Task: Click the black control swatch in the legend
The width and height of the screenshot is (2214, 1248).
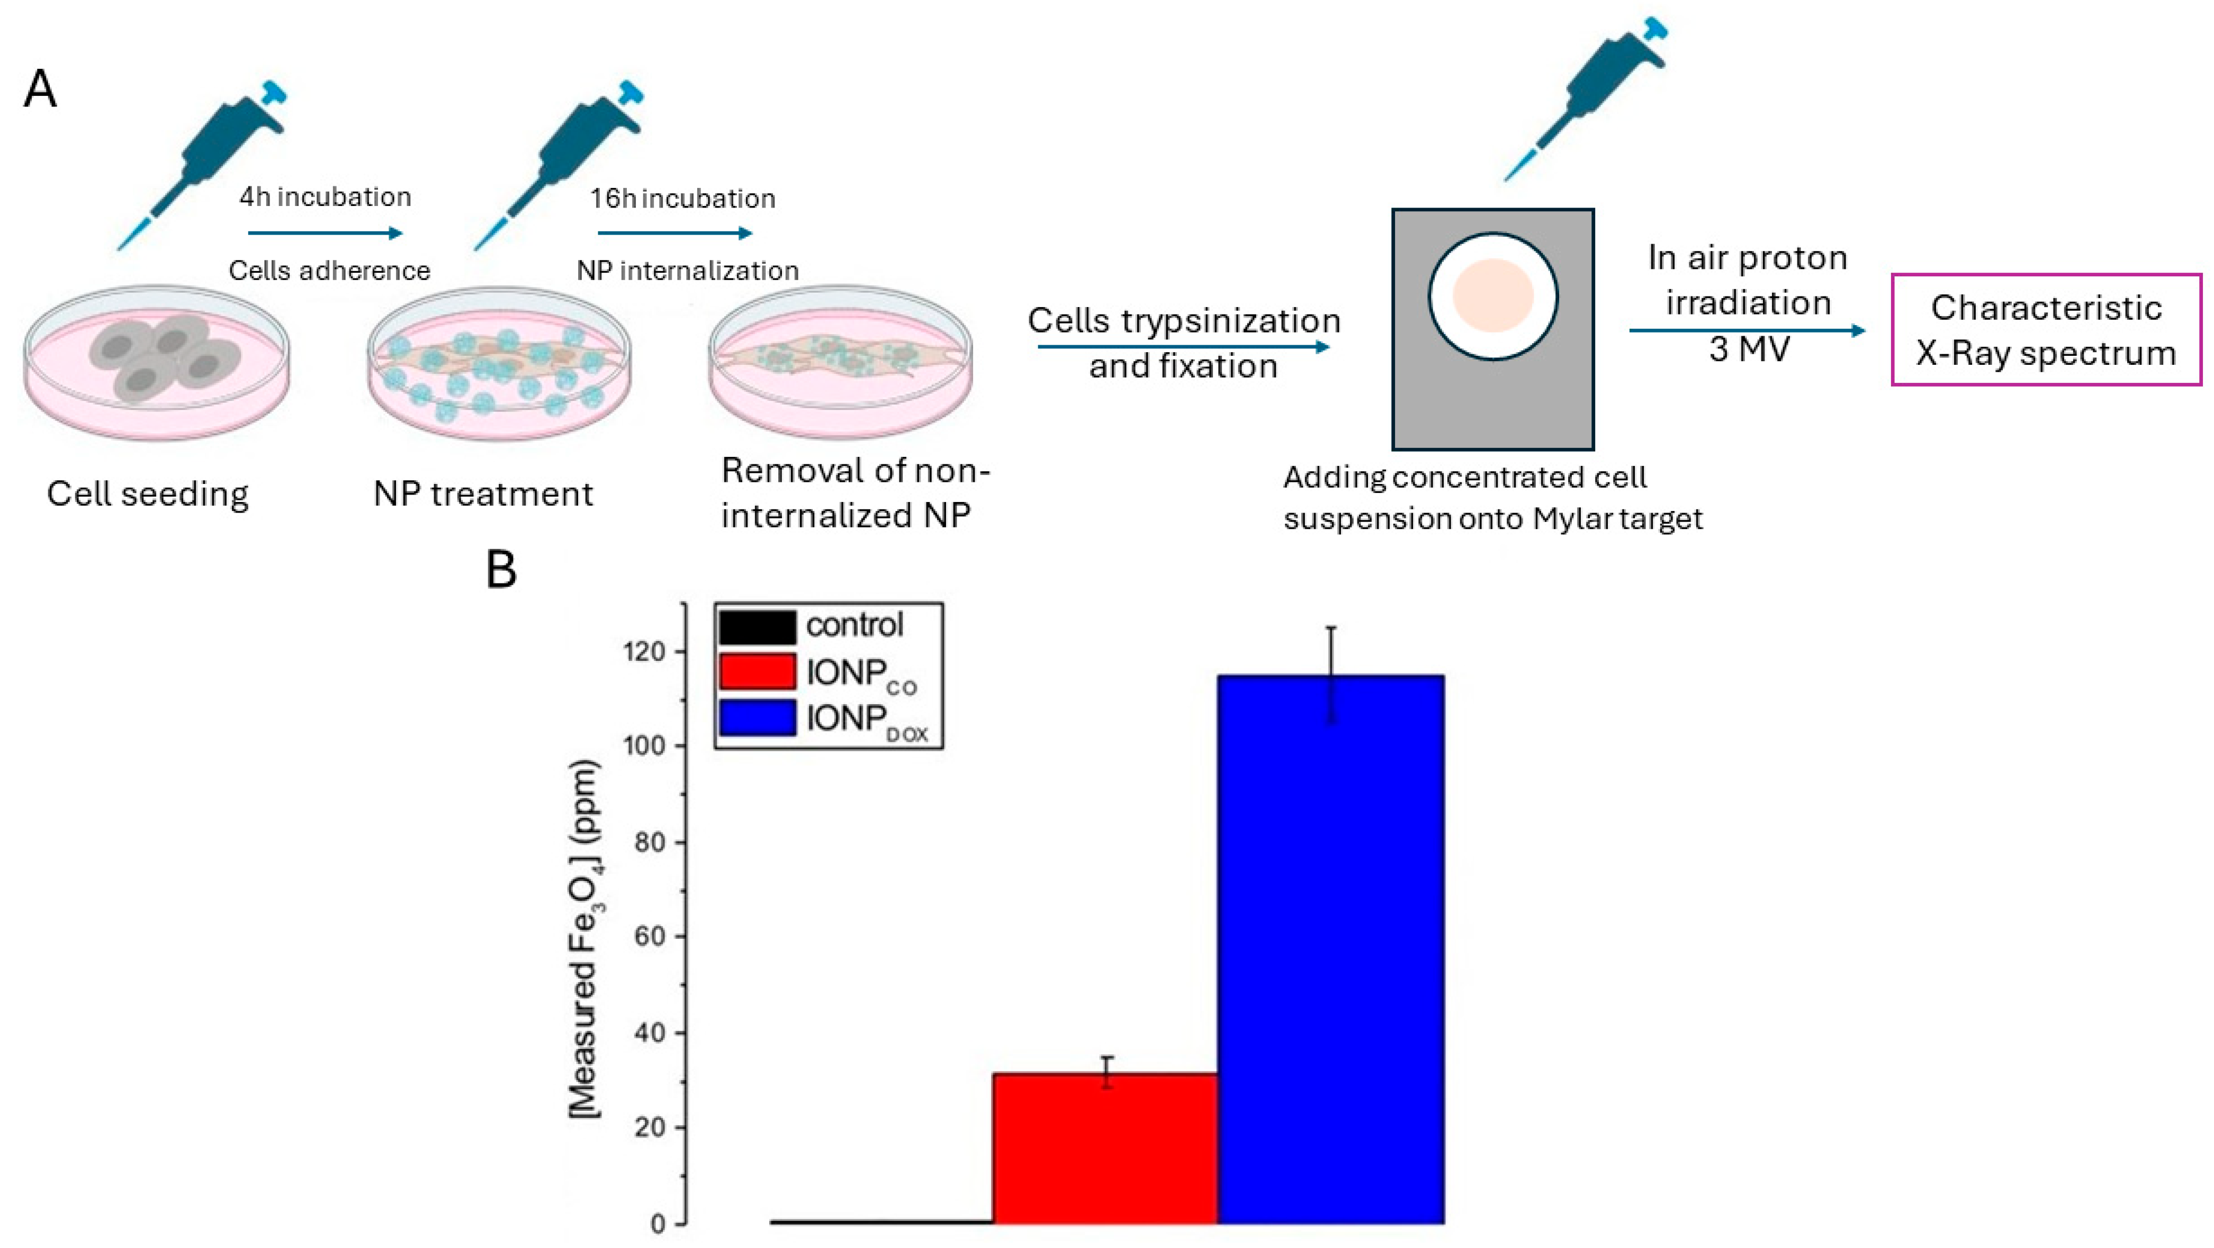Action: tap(757, 626)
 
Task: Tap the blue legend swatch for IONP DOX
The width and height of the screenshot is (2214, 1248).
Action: tap(757, 717)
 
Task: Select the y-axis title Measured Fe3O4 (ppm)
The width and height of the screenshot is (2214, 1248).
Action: tap(584, 937)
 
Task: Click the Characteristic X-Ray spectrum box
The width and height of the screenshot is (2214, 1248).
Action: tap(2046, 330)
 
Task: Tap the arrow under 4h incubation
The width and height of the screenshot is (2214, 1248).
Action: tap(325, 233)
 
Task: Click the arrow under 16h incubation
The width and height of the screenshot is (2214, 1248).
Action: tap(674, 233)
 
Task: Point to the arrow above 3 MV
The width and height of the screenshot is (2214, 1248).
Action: tap(1747, 330)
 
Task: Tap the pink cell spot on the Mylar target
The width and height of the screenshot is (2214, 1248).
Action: tap(1493, 295)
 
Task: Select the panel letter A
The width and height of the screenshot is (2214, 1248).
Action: tap(40, 89)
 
